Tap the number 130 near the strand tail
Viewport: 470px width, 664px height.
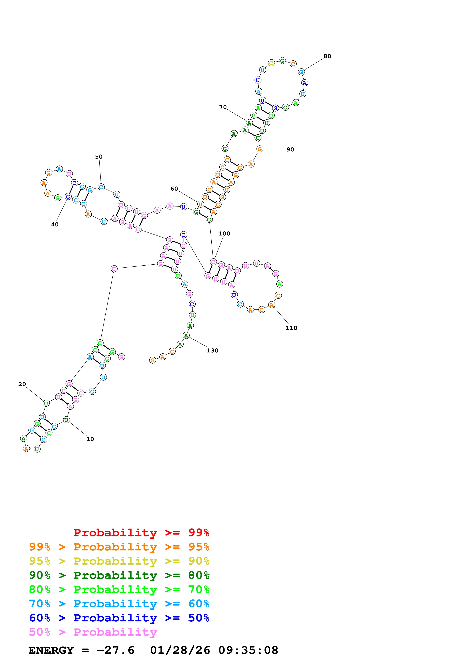point(212,351)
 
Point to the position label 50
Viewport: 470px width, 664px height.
point(99,157)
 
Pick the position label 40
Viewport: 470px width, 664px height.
point(55,224)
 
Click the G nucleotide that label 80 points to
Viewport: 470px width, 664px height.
point(301,72)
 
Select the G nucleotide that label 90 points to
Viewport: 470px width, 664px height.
point(260,149)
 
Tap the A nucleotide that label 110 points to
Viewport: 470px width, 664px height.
point(271,305)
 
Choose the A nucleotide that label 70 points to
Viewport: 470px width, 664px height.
point(249,123)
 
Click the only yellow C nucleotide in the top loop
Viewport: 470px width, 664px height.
point(271,63)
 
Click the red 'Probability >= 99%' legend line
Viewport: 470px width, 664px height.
point(141,532)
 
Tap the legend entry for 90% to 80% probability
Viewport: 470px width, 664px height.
point(119,575)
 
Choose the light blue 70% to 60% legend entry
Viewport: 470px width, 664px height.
point(119,604)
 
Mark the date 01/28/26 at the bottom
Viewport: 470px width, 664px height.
point(180,650)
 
